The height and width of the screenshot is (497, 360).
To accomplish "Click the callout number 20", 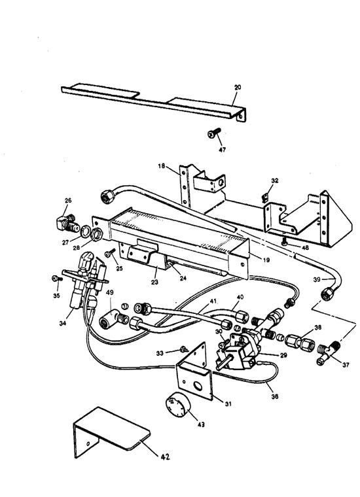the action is [238, 87].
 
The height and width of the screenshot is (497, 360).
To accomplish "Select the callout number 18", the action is [162, 165].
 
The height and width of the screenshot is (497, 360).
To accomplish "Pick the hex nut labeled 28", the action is [96, 234].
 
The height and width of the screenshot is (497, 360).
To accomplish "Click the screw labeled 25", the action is [111, 252].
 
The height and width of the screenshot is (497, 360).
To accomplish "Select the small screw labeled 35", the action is [57, 279].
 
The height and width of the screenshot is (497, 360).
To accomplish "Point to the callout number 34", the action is [63, 323].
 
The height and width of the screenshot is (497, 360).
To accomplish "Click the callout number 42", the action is [164, 456].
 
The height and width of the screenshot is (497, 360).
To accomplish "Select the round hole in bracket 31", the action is [198, 386].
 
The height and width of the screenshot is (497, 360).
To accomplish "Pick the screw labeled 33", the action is [184, 349].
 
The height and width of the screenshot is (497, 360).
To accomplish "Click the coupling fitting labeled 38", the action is [298, 342].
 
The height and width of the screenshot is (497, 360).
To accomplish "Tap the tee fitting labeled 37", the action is [329, 352].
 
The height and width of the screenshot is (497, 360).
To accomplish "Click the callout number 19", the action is [266, 260].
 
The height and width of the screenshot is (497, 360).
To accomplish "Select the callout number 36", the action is [275, 396].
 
